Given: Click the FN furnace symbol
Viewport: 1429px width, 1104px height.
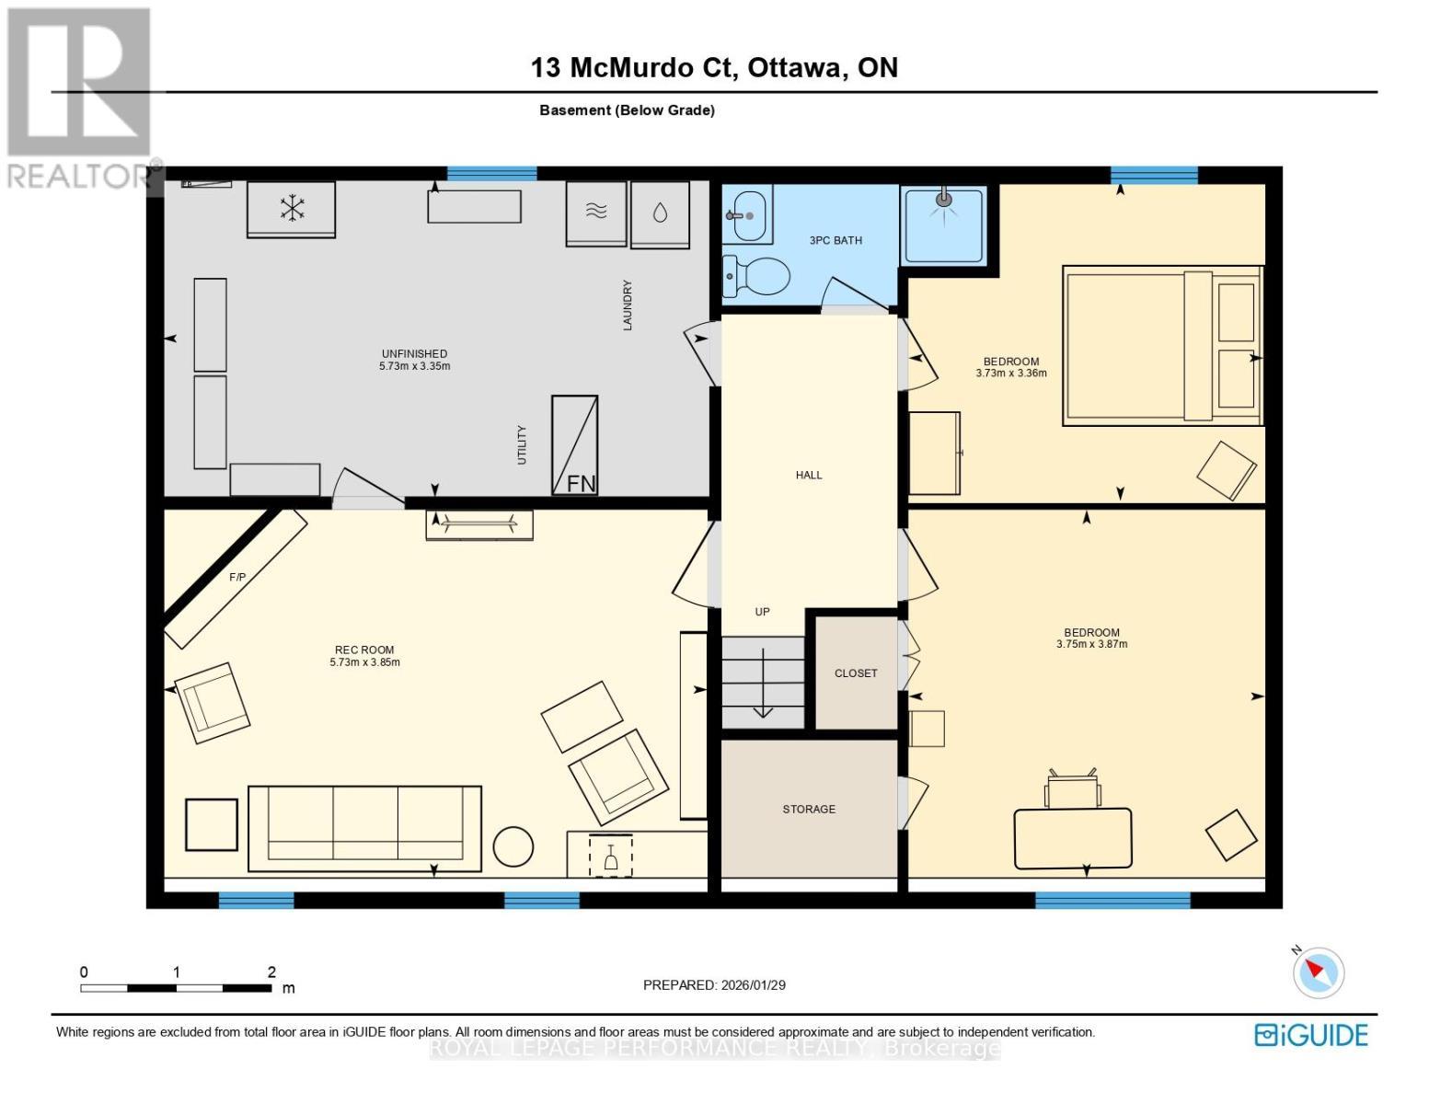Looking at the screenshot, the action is tap(574, 444).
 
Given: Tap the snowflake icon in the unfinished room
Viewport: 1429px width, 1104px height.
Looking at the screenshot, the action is tap(292, 208).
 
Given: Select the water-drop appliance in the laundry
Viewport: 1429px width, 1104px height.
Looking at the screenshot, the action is tap(660, 214).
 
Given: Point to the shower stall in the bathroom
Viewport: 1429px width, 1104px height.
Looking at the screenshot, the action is tap(944, 225).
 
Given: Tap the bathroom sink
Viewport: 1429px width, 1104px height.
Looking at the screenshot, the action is tap(747, 214).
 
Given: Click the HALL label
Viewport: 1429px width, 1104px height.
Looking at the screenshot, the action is tap(808, 475).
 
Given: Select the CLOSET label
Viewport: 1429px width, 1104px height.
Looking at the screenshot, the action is tap(856, 673).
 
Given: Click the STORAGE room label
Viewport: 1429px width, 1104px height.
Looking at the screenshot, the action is tap(809, 809).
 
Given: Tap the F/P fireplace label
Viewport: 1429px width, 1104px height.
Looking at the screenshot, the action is tap(237, 578).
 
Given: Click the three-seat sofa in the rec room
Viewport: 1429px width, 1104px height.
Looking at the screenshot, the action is tap(364, 829).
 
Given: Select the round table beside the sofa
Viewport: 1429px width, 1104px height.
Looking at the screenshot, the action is tap(513, 846).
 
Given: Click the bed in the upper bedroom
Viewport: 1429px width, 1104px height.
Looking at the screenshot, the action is tap(1163, 345).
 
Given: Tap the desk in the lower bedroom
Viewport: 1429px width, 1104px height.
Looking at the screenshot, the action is tap(1073, 838).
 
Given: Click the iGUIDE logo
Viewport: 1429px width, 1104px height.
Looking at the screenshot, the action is tap(1310, 1035).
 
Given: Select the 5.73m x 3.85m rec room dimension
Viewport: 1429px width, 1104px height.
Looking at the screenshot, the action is tap(365, 662).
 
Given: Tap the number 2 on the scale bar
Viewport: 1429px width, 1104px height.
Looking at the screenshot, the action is tap(271, 972).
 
